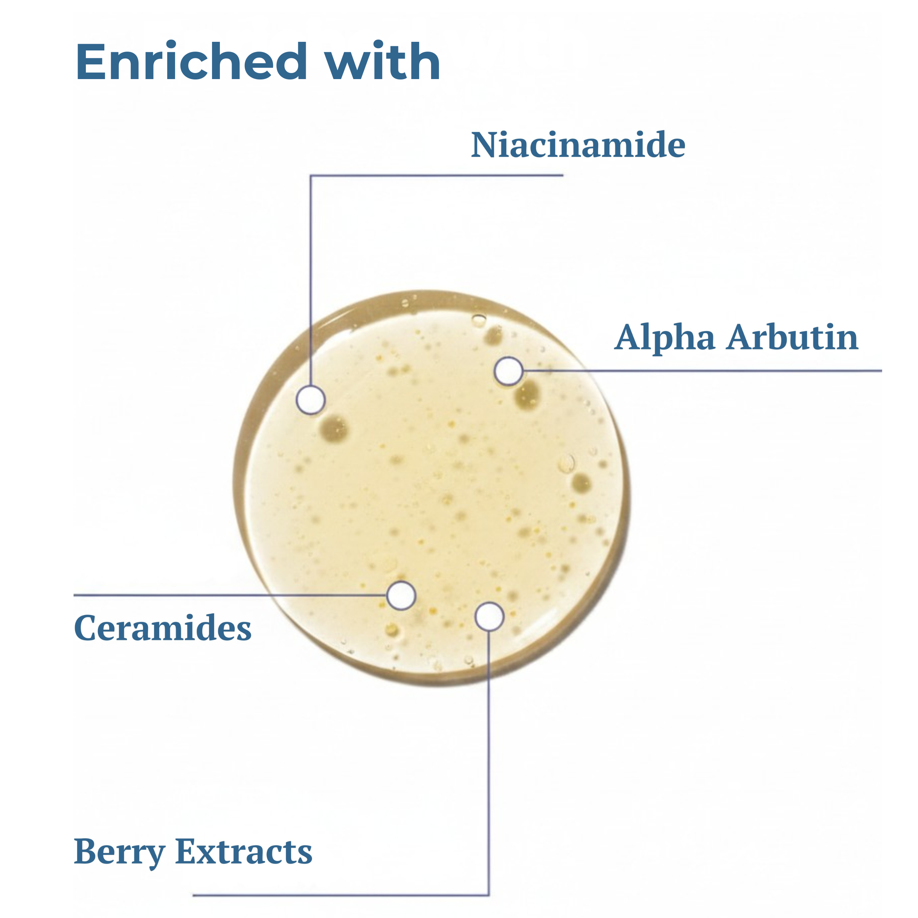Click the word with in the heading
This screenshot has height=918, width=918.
[x=383, y=62]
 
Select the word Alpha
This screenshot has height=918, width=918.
[x=664, y=338]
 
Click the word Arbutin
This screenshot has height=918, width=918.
[x=793, y=337]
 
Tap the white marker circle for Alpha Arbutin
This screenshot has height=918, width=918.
[x=508, y=371]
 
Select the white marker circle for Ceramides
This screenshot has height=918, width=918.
[x=401, y=595]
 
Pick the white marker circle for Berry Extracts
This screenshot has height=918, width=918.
[x=489, y=616]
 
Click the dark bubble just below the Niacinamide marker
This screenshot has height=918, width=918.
[x=334, y=428]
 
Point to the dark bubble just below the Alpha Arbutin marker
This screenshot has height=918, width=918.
[x=528, y=395]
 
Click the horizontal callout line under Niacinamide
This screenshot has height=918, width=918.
[x=437, y=175]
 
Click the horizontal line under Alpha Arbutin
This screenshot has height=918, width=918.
[x=703, y=371]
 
